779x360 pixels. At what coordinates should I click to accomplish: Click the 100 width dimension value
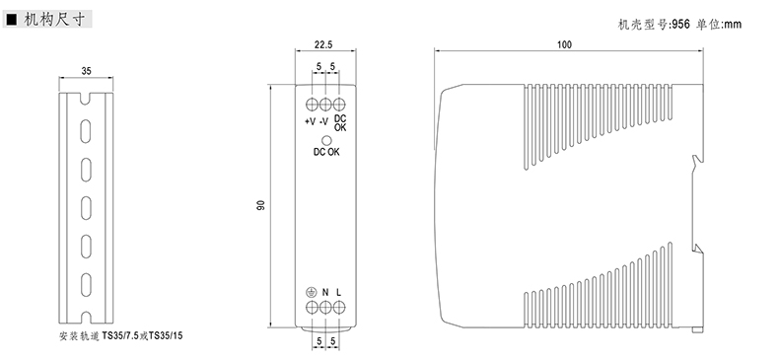point(564,44)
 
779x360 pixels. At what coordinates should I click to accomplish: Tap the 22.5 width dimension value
point(322,45)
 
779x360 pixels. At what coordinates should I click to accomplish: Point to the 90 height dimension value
point(261,205)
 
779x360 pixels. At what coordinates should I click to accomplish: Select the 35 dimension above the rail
point(87,72)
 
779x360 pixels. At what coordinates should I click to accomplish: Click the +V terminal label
point(310,121)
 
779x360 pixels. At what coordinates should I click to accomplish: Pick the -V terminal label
point(323,121)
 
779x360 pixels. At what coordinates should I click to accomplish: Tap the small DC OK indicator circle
point(326,141)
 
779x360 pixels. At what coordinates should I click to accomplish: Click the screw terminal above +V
point(312,105)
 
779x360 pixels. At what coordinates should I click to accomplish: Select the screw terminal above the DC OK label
point(339,105)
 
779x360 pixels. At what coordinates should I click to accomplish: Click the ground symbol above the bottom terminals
point(311,292)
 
